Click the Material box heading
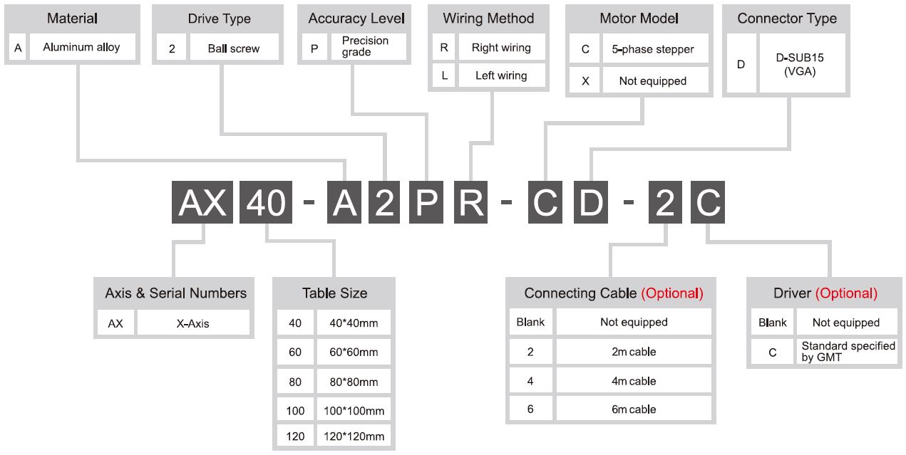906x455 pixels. click(x=72, y=19)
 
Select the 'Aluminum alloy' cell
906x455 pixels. click(x=83, y=47)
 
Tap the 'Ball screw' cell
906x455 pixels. click(x=235, y=48)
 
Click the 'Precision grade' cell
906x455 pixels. click(x=369, y=46)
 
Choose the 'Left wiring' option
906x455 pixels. click(x=502, y=75)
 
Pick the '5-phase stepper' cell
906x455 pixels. click(x=655, y=49)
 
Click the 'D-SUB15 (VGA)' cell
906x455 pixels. click(x=802, y=64)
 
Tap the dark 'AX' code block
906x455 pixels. click(x=202, y=202)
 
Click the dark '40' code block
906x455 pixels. click(x=266, y=202)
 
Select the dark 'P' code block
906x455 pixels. click(x=426, y=202)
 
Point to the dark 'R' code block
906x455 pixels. click(x=470, y=202)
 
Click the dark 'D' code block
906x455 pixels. click(x=590, y=202)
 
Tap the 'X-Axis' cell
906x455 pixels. click(x=193, y=323)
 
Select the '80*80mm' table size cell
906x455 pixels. click(x=354, y=382)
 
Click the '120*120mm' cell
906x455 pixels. click(x=354, y=436)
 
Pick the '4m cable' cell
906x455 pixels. click(x=634, y=381)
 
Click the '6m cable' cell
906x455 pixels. click(x=634, y=409)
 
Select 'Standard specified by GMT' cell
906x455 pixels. click(x=847, y=351)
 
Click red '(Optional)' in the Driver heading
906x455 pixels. click(x=846, y=293)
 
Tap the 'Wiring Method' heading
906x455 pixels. click(x=488, y=19)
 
